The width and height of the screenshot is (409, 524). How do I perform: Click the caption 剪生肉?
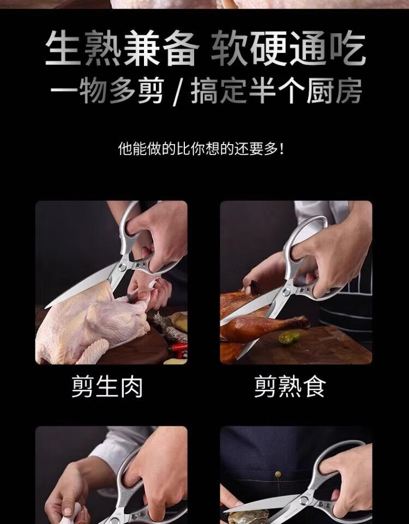click(x=107, y=387)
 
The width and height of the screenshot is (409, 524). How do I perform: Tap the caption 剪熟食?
click(x=290, y=387)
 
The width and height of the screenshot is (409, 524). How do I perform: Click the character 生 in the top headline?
click(x=63, y=48)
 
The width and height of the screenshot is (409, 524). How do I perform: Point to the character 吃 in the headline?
click(x=347, y=48)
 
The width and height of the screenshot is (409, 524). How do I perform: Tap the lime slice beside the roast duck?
click(x=289, y=337)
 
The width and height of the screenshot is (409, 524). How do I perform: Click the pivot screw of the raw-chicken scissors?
click(x=123, y=266)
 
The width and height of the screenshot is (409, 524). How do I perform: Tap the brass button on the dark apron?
click(x=278, y=474)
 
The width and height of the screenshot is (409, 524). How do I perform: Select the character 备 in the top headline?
click(x=181, y=48)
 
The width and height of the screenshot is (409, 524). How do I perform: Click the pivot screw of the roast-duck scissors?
click(x=286, y=292)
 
